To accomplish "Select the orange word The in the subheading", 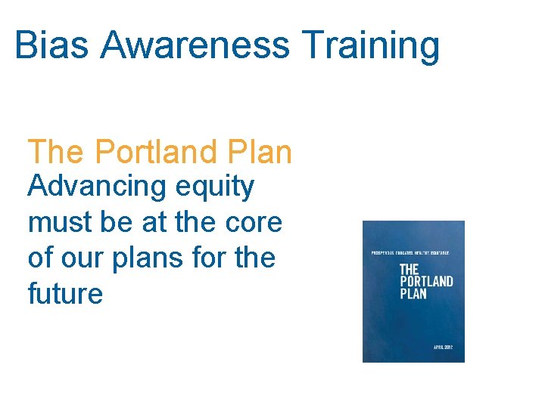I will [56, 152].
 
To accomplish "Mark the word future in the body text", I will [65, 293].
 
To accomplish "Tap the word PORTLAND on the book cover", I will [425, 282].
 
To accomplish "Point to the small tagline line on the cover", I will [410, 251].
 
